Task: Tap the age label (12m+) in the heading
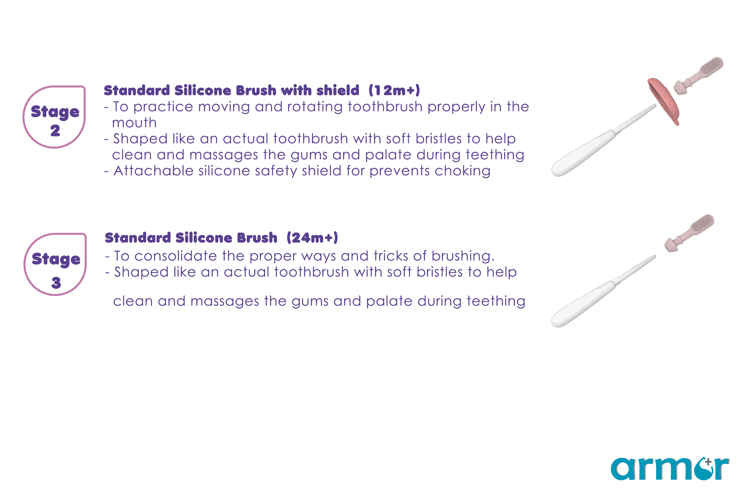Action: tap(394, 90)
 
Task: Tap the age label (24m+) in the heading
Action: tap(312, 238)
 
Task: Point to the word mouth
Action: tap(134, 123)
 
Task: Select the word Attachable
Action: tap(153, 171)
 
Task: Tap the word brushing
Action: tap(463, 256)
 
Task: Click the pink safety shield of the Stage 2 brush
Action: tap(663, 101)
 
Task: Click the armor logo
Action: tap(670, 469)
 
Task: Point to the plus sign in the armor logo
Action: tap(708, 462)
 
